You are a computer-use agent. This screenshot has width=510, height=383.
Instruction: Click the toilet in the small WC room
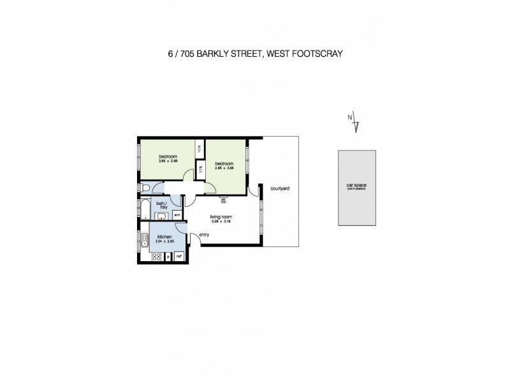click(x=147, y=188)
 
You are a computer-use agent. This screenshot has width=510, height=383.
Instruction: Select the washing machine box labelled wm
click(x=177, y=216)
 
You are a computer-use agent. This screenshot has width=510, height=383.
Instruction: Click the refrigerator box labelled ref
click(x=178, y=257)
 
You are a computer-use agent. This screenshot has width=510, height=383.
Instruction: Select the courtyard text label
click(x=280, y=189)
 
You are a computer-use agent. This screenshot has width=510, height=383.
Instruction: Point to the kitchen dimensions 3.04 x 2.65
click(x=164, y=242)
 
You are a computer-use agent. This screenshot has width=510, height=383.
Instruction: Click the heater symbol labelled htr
click(x=223, y=202)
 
